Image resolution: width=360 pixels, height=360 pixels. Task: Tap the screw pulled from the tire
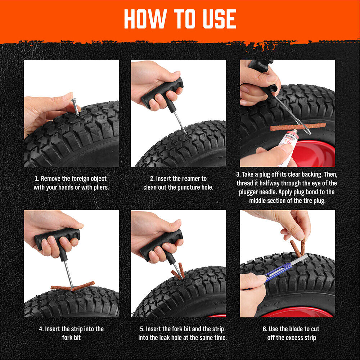(x=76, y=107)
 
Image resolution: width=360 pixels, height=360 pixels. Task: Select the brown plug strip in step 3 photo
(x=298, y=126)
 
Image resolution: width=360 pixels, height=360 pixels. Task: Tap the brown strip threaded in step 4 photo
(x=73, y=286)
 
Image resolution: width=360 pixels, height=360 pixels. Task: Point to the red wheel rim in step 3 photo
(x=314, y=153)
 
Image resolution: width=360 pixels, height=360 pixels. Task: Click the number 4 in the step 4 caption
(x=41, y=329)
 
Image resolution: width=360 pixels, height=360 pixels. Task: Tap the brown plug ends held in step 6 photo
(x=298, y=248)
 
